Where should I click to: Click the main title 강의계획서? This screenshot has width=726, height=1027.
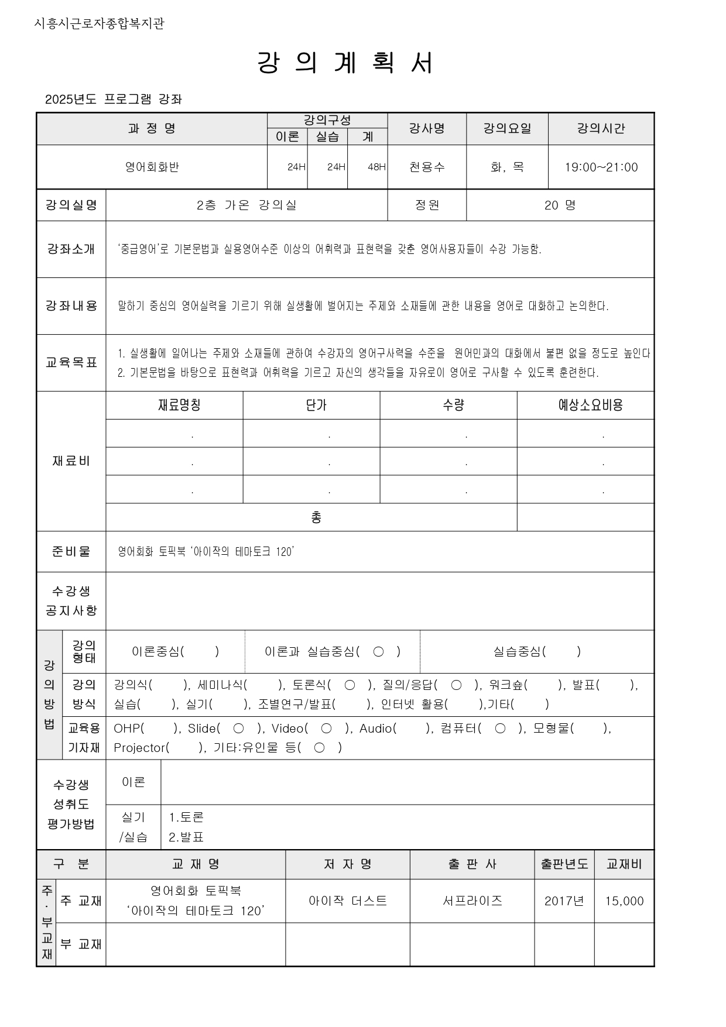345,63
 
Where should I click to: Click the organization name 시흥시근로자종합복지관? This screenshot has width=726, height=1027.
100,23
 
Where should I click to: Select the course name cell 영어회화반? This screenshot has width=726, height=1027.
152,167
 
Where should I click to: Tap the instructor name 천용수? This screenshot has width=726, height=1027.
427,167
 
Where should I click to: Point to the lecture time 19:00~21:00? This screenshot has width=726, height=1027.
601,167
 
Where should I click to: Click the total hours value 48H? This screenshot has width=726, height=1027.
376,167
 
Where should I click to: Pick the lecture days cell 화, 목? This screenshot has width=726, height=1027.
507,167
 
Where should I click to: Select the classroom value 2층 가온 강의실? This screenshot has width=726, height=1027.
246,205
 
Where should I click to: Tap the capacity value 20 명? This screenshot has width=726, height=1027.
560,205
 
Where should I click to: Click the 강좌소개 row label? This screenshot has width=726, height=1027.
71,249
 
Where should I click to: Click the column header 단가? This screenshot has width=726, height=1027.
316,405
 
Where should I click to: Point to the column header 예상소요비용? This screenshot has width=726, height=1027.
590,405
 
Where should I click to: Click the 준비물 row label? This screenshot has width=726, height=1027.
71,551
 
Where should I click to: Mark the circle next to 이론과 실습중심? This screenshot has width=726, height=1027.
378,651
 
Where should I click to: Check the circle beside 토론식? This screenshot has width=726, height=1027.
350,685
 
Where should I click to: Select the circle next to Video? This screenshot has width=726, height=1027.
327,729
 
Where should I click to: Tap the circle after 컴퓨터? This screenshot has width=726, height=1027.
500,729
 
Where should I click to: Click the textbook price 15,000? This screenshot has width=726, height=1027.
624,901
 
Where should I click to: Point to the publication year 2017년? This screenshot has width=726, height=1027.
564,901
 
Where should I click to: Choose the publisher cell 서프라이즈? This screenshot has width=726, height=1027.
472,901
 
